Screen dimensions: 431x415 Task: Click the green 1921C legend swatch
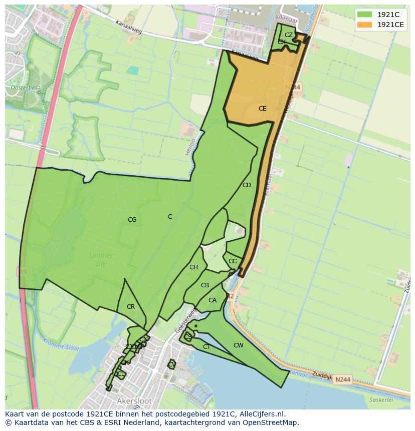(x=364, y=14)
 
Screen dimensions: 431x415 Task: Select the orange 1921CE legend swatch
(x=364, y=25)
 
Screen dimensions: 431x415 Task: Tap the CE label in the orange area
(x=262, y=109)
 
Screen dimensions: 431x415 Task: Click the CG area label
(x=132, y=220)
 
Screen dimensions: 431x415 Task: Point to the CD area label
(x=247, y=185)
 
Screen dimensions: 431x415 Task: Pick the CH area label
(x=193, y=267)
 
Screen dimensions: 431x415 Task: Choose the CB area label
(x=204, y=286)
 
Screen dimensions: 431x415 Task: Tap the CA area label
(x=213, y=300)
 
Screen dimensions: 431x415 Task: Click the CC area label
(x=233, y=261)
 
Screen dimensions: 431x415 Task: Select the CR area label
(x=131, y=307)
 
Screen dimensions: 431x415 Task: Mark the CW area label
(x=239, y=345)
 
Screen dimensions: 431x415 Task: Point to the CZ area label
(x=289, y=35)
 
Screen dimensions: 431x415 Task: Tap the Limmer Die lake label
(x=101, y=259)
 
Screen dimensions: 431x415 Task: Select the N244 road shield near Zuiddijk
(x=342, y=380)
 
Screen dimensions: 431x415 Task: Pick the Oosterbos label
(x=21, y=88)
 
